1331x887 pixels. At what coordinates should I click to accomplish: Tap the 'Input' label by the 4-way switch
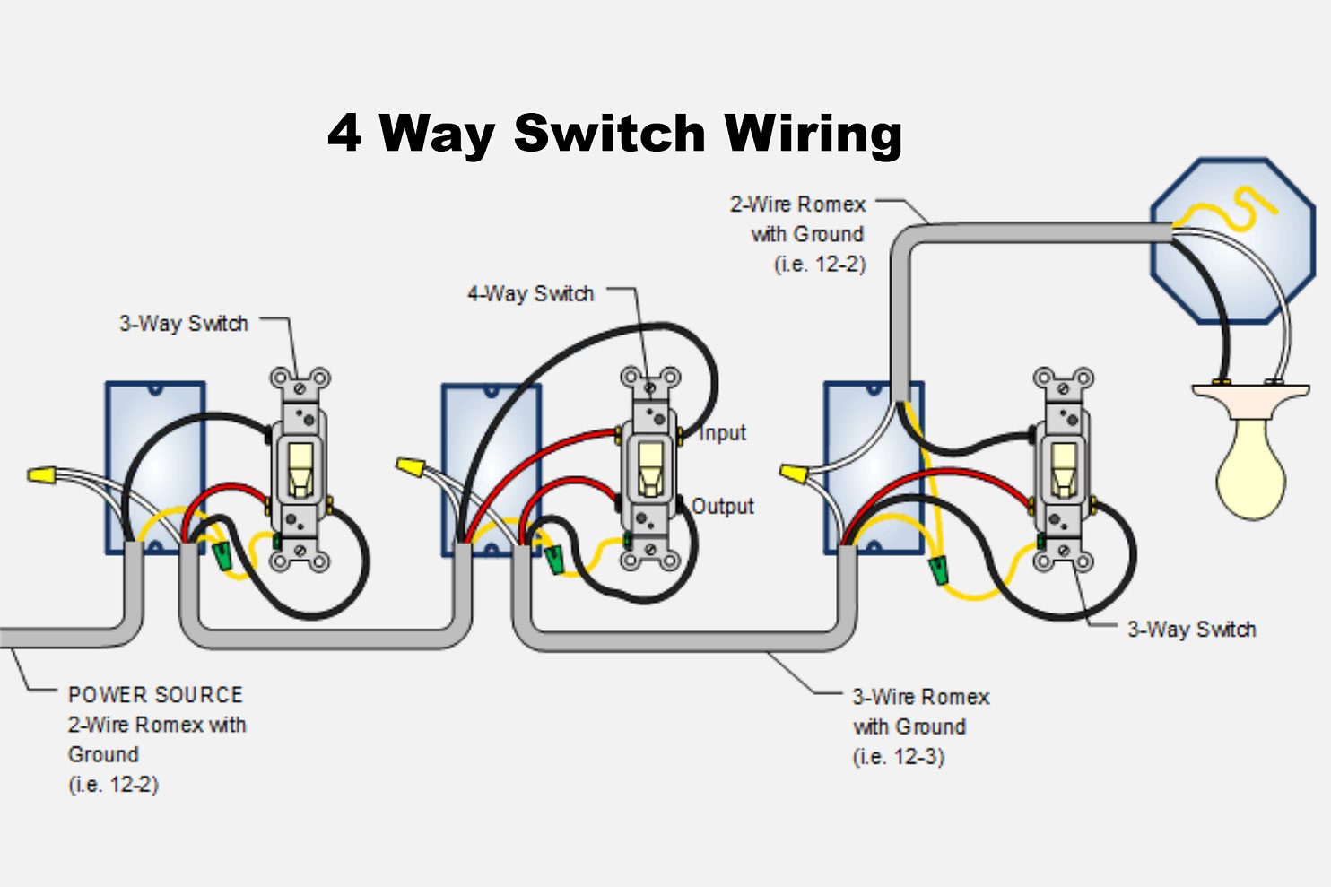tap(722, 433)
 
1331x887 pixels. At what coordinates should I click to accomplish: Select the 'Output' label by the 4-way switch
tap(723, 507)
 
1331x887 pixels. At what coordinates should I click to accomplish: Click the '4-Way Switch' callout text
tap(530, 294)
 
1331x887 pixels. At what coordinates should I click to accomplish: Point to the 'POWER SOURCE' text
tap(155, 695)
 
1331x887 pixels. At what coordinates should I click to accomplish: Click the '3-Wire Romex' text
tap(920, 697)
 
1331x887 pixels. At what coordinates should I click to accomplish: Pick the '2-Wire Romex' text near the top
tap(797, 204)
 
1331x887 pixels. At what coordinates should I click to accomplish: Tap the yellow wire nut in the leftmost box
tap(42, 474)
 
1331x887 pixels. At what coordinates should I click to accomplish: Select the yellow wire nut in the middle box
tap(410, 466)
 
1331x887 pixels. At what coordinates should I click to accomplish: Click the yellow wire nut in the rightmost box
tap(793, 473)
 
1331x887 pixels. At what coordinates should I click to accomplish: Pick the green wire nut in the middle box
tap(554, 559)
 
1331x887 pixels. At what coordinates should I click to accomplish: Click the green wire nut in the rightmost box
tap(939, 569)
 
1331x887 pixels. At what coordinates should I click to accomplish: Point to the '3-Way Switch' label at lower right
tap(1191, 630)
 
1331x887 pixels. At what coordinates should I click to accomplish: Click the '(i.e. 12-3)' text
tap(898, 757)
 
